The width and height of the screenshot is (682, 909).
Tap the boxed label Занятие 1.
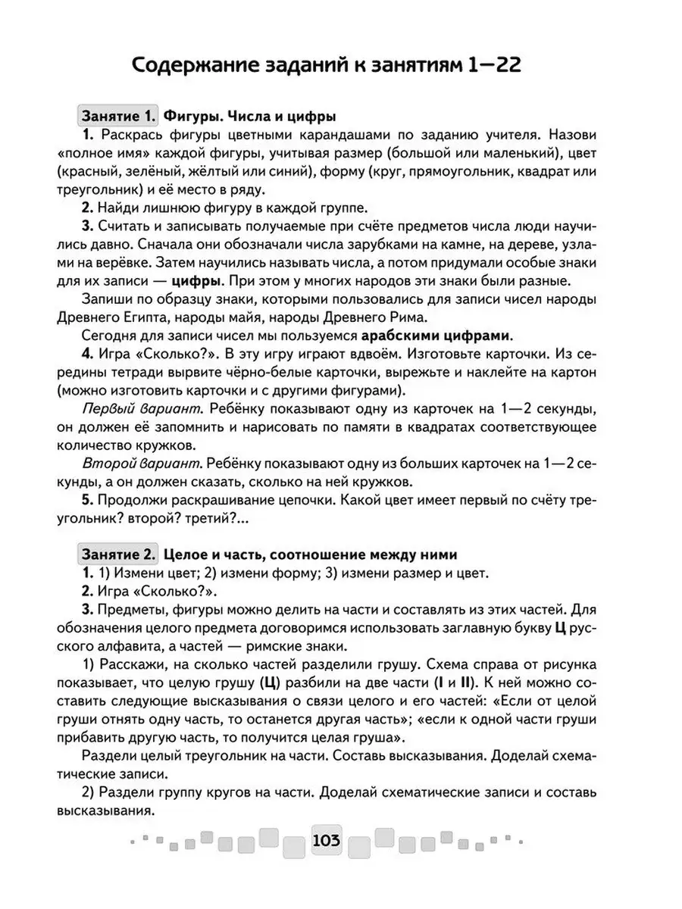point(117,117)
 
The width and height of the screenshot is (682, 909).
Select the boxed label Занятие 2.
point(117,554)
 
